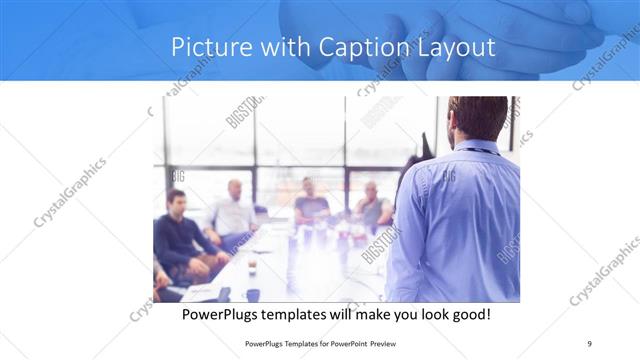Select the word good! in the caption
click(468, 314)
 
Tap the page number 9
click(590, 343)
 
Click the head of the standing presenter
click(478, 118)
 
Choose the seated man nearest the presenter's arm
click(372, 206)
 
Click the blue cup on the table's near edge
click(252, 294)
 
